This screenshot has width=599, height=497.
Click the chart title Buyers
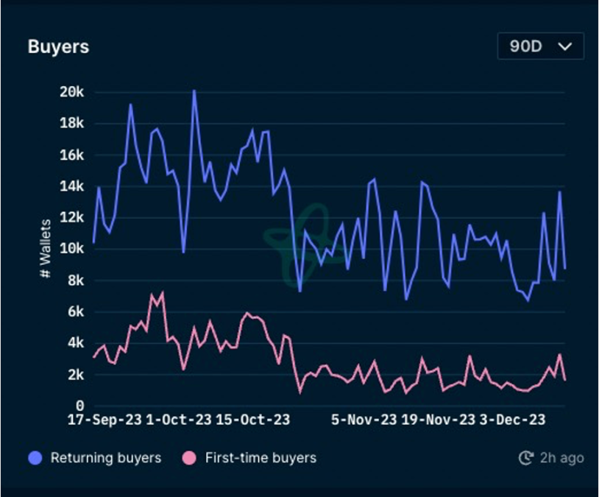pyautogui.click(x=58, y=46)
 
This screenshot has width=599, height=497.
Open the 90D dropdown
pyautogui.click(x=540, y=46)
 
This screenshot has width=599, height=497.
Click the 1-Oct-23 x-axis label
pyautogui.click(x=179, y=420)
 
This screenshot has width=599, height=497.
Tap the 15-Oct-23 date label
pyautogui.click(x=252, y=420)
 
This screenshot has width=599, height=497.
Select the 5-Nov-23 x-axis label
pyautogui.click(x=364, y=420)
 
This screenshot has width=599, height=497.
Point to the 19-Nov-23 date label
pyautogui.click(x=438, y=420)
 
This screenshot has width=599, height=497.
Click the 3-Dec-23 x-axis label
pyautogui.click(x=512, y=420)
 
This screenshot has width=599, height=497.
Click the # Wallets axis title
pyautogui.click(x=46, y=249)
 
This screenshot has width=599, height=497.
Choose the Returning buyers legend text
pyautogui.click(x=105, y=458)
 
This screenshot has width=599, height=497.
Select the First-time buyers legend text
pyautogui.click(x=260, y=458)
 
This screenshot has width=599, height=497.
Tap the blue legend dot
pyautogui.click(x=35, y=458)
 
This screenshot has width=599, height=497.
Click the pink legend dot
pyautogui.click(x=190, y=458)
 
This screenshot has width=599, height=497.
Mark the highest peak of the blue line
pyautogui.click(x=194, y=91)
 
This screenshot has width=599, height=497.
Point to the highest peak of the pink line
pyautogui.click(x=162, y=292)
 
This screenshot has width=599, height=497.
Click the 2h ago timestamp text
pyautogui.click(x=561, y=458)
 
